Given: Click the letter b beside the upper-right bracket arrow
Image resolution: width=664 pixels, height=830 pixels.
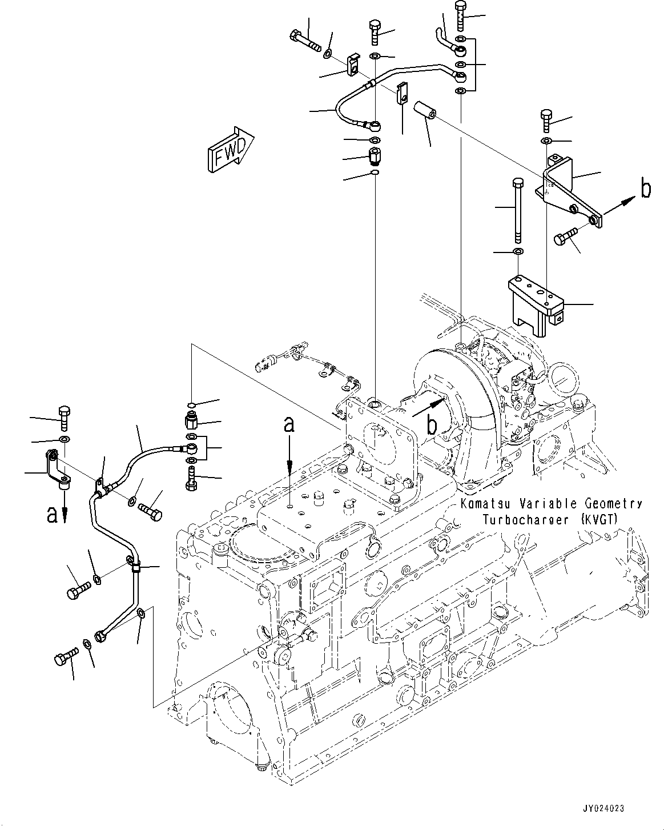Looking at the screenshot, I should (x=646, y=189).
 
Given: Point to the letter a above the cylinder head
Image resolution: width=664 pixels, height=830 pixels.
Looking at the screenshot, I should (x=290, y=424).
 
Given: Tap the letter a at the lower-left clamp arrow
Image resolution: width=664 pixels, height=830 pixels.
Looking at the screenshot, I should (x=52, y=515).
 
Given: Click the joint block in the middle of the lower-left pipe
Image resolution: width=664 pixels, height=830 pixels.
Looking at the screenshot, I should (x=135, y=567).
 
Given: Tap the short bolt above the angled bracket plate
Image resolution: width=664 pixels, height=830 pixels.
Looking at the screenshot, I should (x=545, y=120).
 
